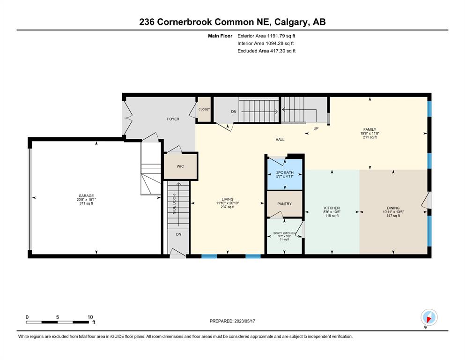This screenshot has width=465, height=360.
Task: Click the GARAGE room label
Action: click(86, 196)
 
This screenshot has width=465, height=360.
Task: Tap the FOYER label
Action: click(173, 119)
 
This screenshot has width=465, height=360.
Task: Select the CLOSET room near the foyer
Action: click(204, 109)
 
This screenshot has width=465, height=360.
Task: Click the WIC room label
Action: click(180, 166)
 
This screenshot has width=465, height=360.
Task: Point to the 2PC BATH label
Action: click(285, 172)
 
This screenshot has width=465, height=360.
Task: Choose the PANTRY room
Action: click(284, 204)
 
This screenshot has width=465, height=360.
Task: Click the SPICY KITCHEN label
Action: click(284, 233)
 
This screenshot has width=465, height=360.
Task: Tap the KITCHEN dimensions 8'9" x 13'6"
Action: click(332, 212)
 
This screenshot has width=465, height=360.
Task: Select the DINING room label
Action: click(393, 208)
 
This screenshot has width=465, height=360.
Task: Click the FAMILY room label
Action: click(370, 129)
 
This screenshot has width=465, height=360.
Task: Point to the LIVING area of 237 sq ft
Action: click(228, 207)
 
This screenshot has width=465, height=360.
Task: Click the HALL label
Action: click(280, 140)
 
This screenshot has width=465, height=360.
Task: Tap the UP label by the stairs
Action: click(316, 128)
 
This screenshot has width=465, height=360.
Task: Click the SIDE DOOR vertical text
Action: click(174, 204)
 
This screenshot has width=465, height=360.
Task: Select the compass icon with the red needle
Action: click(429, 317)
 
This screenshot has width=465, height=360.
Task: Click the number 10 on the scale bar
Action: click(90, 317)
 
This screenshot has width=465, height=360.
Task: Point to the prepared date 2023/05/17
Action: click(244, 321)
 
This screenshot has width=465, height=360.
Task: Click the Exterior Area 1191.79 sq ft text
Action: click(266, 36)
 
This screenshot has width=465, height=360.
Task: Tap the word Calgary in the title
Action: click(291, 22)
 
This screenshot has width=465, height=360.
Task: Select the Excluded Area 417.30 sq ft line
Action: click(266, 51)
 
